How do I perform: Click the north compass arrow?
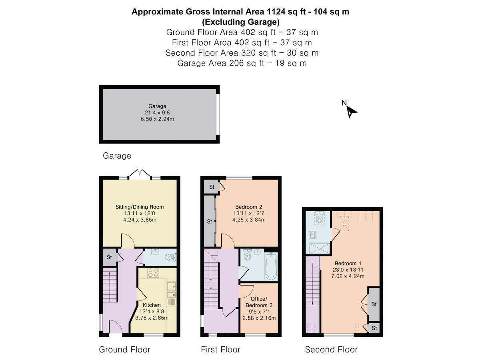[351, 112]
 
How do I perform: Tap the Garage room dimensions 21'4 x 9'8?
[157, 112]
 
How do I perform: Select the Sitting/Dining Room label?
[140, 207]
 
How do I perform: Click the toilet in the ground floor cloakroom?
[170, 257]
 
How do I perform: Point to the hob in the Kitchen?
[153, 273]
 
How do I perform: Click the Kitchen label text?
[152, 305]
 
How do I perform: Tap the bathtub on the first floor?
[271, 266]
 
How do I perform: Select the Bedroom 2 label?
[249, 207]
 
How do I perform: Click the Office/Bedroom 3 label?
[259, 302]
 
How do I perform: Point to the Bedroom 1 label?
[348, 263]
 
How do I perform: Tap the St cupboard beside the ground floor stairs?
[109, 257]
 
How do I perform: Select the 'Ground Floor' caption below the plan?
[125, 350]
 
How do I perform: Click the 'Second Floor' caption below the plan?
[331, 350]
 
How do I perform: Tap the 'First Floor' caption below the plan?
[221, 350]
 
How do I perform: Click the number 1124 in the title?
[276, 12]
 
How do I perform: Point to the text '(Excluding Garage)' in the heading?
[241, 22]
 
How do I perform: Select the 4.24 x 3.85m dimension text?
[140, 220]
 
